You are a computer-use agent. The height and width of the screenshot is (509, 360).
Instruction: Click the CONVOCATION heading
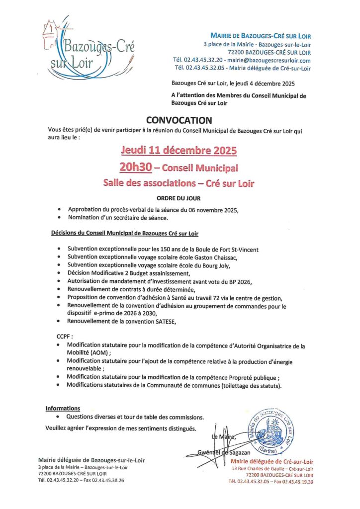click(180, 120)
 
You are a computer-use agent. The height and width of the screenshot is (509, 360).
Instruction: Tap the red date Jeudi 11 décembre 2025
click(180, 150)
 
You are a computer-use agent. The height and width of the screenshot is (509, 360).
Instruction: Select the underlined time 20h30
click(135, 167)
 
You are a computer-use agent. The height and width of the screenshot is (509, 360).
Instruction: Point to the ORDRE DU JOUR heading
click(180, 197)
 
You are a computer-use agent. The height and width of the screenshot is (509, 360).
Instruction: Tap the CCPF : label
click(65, 337)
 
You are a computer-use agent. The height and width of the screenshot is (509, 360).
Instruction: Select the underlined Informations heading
click(63, 408)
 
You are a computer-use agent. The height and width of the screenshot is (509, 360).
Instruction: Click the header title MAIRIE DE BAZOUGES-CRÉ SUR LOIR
click(261, 36)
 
